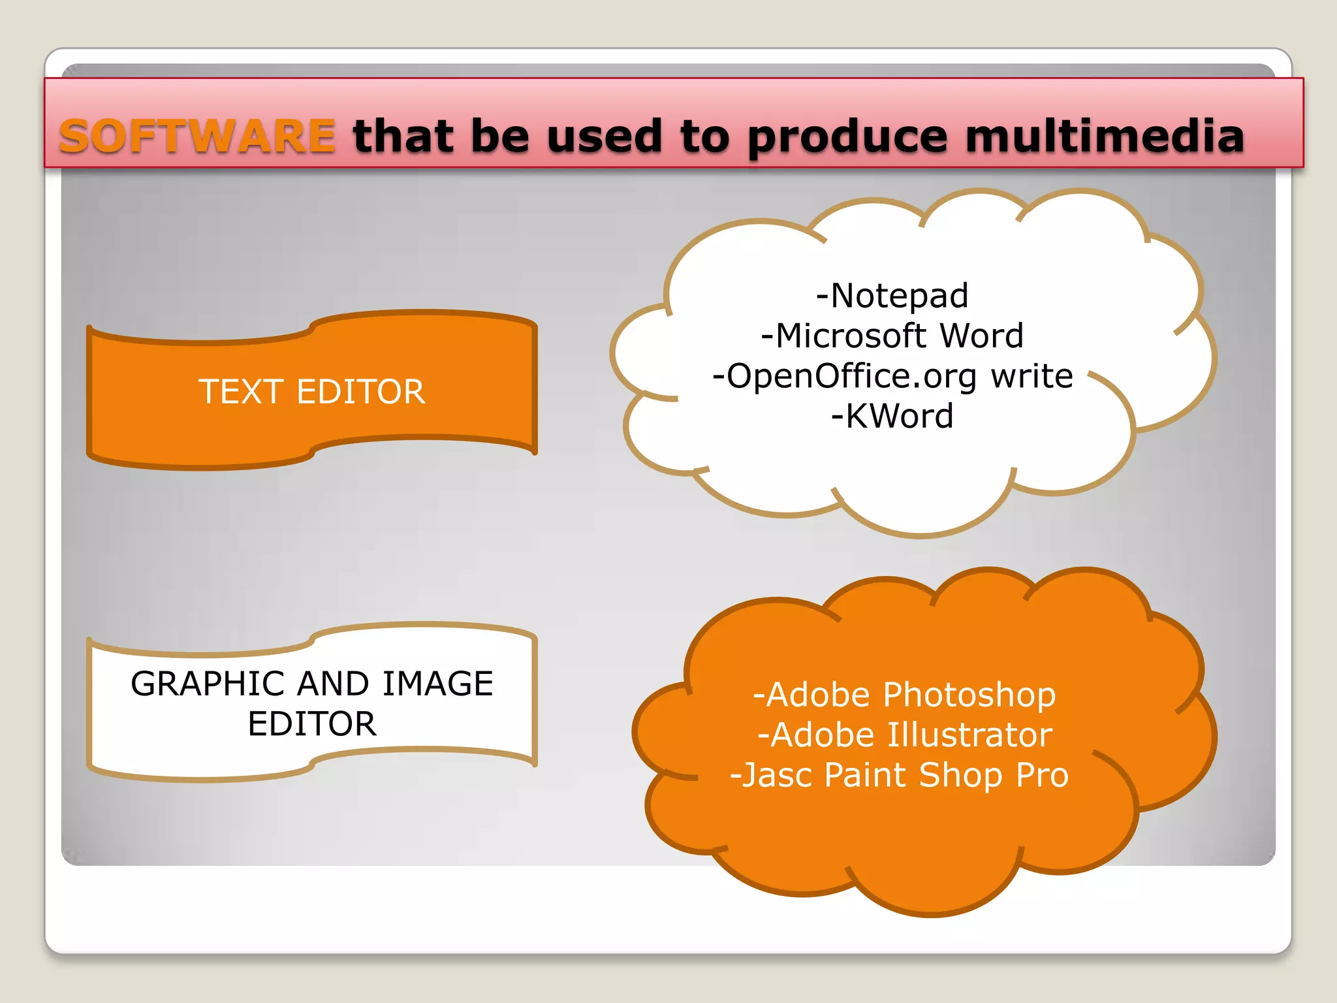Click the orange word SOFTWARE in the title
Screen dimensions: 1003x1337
(197, 136)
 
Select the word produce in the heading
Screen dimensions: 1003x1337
(847, 138)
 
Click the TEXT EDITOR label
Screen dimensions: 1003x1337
(312, 392)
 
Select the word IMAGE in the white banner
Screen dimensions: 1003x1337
(437, 684)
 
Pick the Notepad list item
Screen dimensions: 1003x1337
(892, 296)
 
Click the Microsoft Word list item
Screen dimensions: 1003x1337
(892, 336)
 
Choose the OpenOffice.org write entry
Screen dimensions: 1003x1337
(892, 377)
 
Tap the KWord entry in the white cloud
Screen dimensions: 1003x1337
(892, 417)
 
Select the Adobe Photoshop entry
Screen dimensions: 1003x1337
(904, 695)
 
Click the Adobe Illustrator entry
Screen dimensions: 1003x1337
(904, 735)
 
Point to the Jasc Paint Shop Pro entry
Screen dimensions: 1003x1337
(899, 776)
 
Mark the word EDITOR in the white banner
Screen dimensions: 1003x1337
(312, 724)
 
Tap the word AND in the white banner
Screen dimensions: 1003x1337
(333, 684)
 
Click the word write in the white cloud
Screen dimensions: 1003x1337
(1032, 377)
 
